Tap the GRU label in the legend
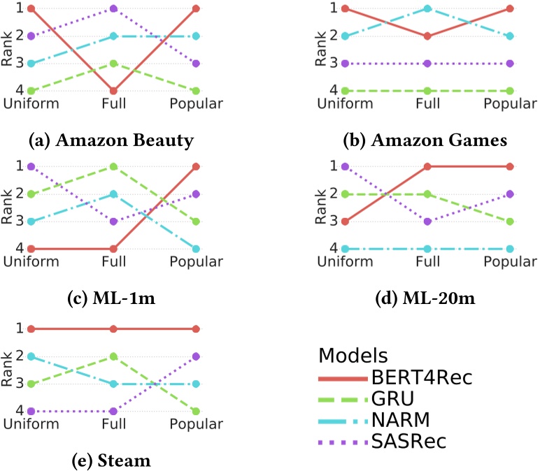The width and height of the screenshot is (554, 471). (x=395, y=399)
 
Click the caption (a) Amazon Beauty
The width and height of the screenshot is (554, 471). (x=111, y=140)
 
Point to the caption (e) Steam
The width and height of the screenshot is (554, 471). (x=111, y=461)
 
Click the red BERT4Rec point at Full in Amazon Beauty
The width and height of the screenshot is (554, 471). (x=112, y=91)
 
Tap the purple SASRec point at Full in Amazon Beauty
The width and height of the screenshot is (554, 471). (x=112, y=8)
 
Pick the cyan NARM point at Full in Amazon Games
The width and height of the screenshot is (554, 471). (x=426, y=8)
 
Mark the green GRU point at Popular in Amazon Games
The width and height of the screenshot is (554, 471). (x=510, y=91)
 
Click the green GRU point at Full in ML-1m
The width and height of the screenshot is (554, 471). (x=112, y=166)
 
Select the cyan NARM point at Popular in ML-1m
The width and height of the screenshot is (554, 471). (x=196, y=249)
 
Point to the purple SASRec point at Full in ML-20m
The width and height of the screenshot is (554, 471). (x=426, y=222)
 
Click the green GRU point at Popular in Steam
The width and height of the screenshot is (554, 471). (x=196, y=412)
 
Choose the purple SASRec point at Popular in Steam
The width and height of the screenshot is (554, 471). (x=196, y=356)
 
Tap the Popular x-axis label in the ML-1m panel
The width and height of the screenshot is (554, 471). (x=196, y=262)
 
